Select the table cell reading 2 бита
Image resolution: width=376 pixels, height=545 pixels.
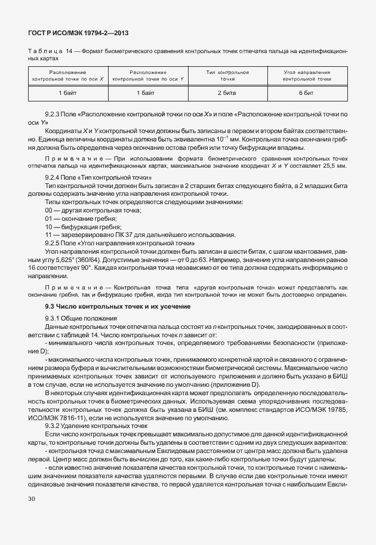(x=227, y=94)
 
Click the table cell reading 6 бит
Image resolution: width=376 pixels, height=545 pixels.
(x=307, y=94)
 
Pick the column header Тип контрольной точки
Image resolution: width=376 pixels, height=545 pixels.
(x=227, y=75)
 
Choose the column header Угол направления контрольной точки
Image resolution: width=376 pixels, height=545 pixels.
(x=307, y=75)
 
